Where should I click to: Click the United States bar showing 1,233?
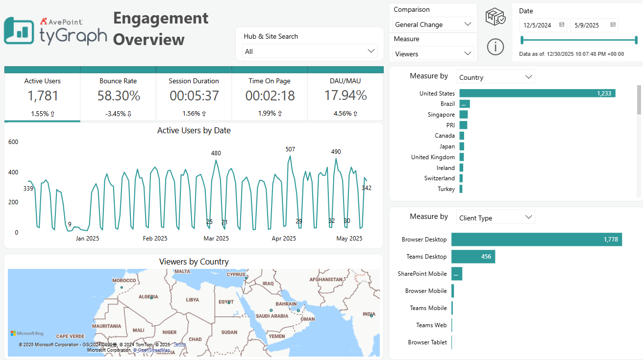coord(537,93)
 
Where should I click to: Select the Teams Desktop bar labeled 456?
coord(473,257)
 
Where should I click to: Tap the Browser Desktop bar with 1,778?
coord(536,240)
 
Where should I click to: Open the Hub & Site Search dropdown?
coord(310,51)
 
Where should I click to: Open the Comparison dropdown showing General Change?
coord(433,24)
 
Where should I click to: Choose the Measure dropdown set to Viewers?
coord(433,54)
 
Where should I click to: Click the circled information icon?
coord(495,47)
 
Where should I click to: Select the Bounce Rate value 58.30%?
coord(119,96)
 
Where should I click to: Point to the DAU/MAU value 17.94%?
coord(346,96)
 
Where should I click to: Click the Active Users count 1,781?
coord(43,96)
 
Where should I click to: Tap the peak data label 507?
coord(290,149)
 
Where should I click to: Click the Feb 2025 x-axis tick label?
coord(155,239)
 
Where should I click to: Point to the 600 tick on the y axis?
coord(13,142)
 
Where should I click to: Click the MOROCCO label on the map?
coord(124,281)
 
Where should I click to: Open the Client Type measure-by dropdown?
coord(495,218)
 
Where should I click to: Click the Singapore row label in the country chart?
coord(441,115)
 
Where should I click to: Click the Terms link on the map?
coord(179,344)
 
